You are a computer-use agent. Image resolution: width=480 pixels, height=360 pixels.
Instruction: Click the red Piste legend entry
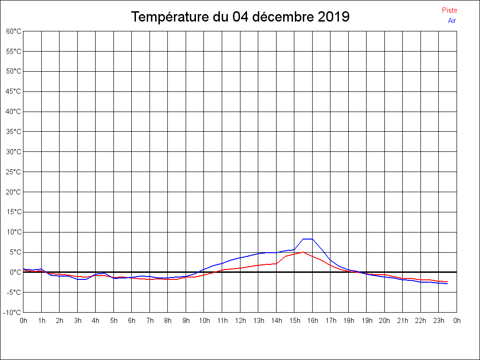coord(450,10)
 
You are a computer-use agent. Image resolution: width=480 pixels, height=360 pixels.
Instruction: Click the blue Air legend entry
coord(452,21)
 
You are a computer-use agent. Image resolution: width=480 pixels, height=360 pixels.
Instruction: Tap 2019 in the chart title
coord(333,17)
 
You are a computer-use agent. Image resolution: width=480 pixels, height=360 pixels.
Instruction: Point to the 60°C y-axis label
coord(14,31)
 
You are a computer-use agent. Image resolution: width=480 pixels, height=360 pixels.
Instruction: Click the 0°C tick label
coord(16,272)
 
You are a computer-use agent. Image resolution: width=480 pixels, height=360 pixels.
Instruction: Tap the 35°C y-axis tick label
coord(14,132)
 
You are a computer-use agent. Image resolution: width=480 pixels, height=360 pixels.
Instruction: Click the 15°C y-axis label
coord(14,212)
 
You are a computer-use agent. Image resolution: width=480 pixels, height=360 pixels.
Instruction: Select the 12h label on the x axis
coord(240,321)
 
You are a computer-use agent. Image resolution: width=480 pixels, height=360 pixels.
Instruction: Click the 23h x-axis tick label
coord(438,321)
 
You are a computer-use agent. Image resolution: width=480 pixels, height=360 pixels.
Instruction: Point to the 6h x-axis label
coord(132,321)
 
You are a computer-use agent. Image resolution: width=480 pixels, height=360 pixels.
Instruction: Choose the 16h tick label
coord(312,321)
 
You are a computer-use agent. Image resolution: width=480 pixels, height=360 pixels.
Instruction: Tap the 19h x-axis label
coord(367,321)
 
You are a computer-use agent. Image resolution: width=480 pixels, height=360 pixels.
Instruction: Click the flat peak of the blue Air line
coord(307,239)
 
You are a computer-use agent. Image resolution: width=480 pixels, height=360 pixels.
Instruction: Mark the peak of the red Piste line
coord(303,252)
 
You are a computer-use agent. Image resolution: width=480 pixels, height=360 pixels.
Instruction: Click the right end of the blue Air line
coord(447,284)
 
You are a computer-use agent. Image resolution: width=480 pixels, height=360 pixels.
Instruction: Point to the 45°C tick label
coord(14,91)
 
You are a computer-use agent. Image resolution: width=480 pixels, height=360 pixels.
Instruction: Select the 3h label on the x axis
coord(77,321)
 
